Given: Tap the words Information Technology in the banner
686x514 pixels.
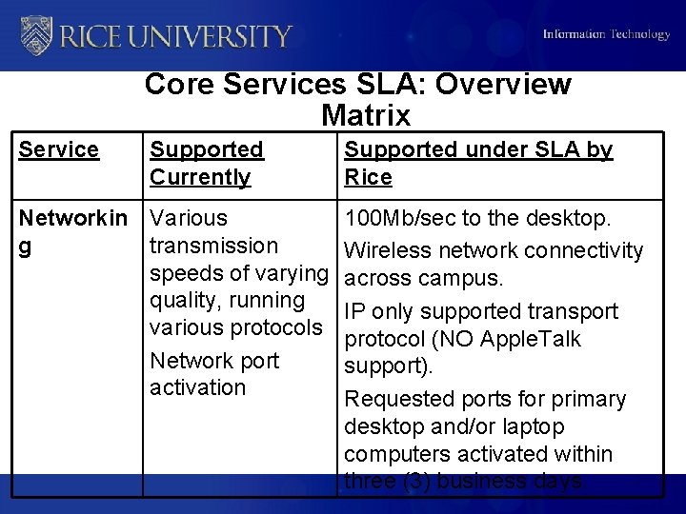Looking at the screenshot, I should [606, 34].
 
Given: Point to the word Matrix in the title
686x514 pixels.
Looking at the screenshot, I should [366, 115].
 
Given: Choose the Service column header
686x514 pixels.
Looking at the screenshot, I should [59, 149].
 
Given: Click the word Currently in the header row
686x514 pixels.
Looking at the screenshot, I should [200, 177].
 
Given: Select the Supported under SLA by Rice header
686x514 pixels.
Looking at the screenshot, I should [477, 163].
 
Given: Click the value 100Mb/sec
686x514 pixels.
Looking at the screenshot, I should [400, 219].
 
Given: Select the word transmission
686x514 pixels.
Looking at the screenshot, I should [214, 246].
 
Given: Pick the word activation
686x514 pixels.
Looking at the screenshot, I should [197, 387].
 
